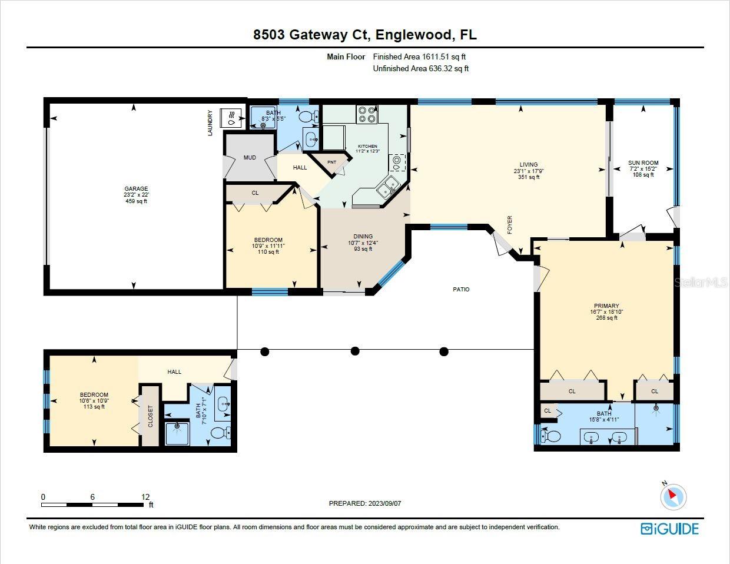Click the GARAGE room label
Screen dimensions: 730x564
136,189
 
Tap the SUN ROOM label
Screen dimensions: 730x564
643,163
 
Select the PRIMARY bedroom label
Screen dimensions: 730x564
606,306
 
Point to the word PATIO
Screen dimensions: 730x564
461,289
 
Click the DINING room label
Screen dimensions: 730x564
363,237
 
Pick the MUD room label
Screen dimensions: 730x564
250,158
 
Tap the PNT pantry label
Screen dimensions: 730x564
331,162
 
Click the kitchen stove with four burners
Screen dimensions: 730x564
367,114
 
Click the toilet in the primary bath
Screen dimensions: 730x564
550,436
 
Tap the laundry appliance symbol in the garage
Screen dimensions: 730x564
230,118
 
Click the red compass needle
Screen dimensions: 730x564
672,494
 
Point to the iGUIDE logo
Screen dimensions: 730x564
669,529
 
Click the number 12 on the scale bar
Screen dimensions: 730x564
145,497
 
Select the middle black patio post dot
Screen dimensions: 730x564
355,351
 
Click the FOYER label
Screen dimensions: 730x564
510,225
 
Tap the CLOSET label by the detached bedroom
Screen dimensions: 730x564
150,416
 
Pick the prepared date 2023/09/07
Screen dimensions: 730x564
384,503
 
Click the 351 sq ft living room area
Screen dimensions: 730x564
529,177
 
